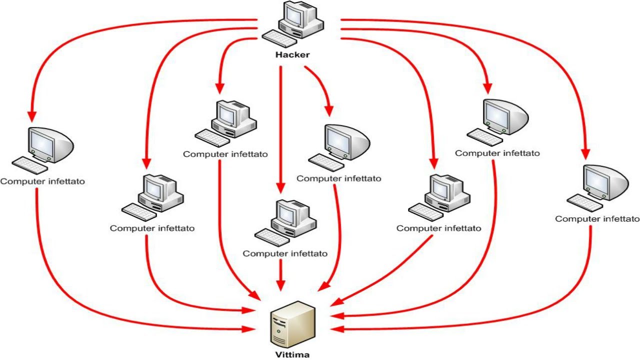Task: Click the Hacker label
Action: point(292,54)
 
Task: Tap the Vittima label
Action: point(292,355)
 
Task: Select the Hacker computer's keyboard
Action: point(280,39)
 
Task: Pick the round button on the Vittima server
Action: point(278,331)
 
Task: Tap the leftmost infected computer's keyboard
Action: point(30,165)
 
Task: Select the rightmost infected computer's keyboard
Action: point(585,203)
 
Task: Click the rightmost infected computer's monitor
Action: point(605,183)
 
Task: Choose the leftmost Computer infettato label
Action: point(42,181)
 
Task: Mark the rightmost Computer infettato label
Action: point(597,219)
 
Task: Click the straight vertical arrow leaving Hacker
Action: point(280,130)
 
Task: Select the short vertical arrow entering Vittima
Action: point(280,275)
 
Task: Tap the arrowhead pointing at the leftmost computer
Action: point(31,116)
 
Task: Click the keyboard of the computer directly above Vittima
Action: point(272,237)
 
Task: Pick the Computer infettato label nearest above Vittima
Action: point(285,253)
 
